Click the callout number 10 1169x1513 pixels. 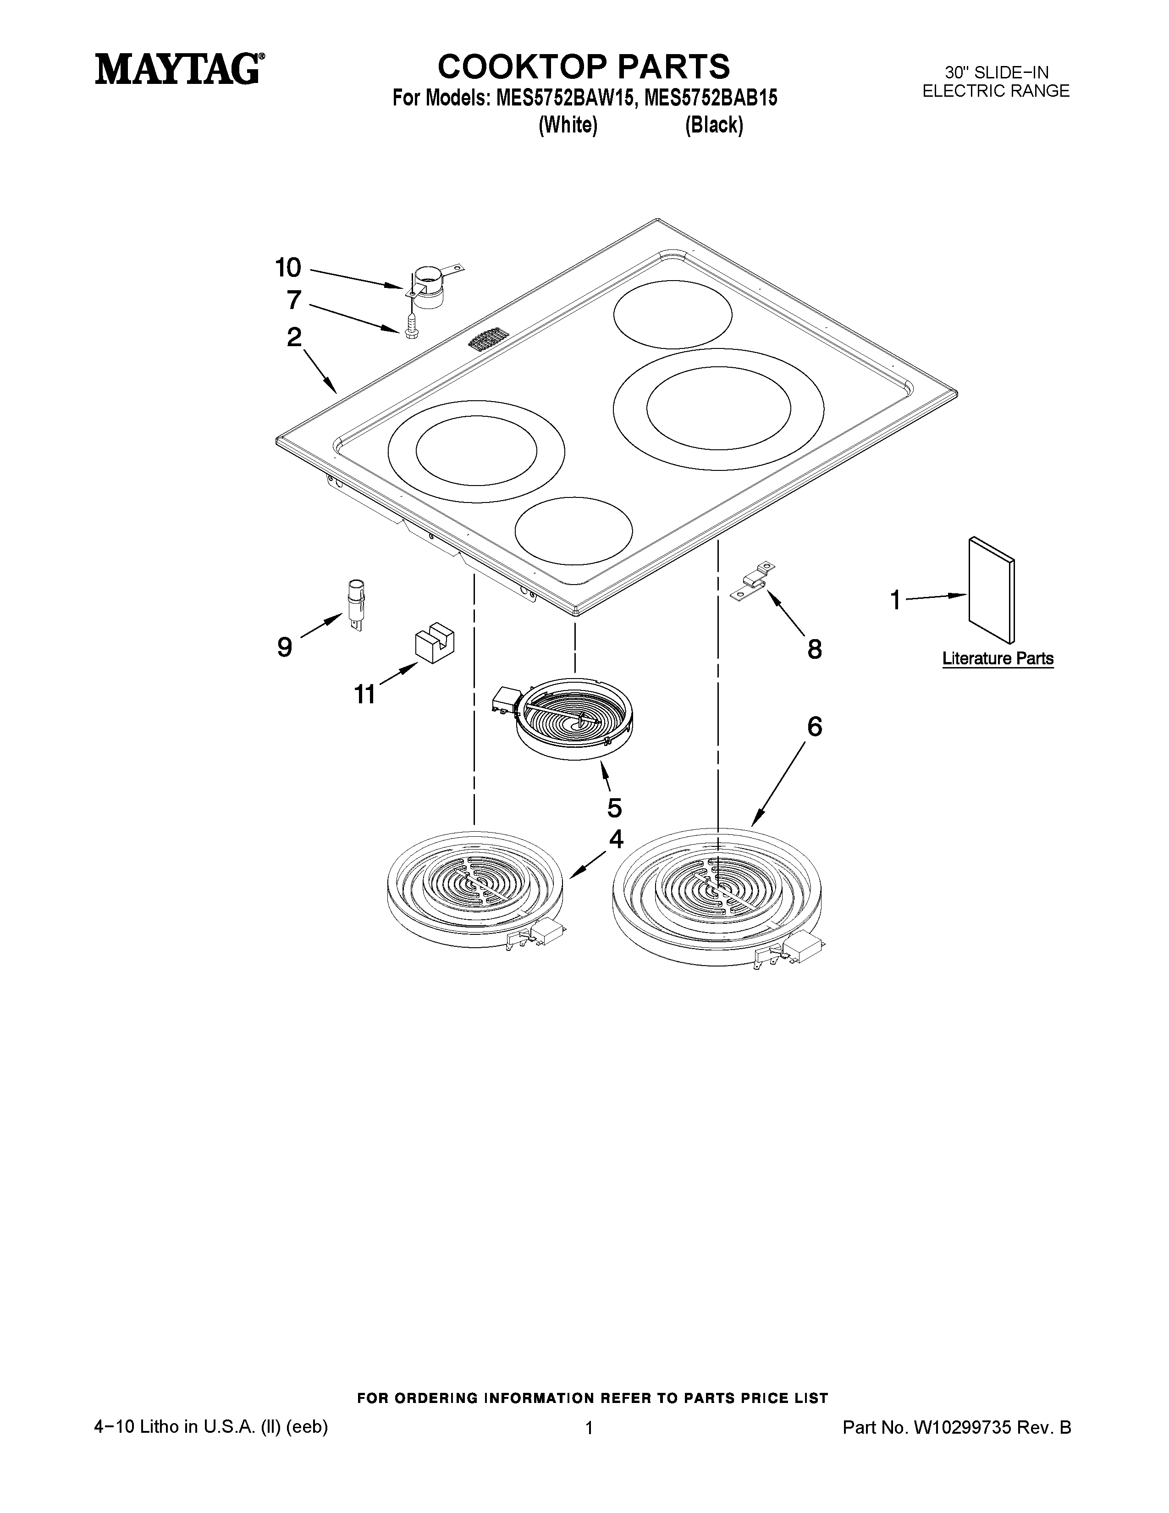point(288,267)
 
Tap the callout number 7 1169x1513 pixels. point(294,300)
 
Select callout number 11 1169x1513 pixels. point(365,693)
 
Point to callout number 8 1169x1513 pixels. point(815,649)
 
